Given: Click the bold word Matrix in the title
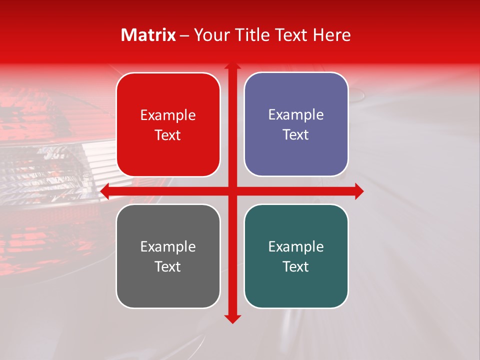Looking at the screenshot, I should coord(148,35).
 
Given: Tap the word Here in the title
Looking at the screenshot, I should coord(332,35).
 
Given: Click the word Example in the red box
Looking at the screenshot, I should coord(168,115).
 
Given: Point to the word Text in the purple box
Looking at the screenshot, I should coord(296,135).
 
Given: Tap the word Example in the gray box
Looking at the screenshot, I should coord(168,246).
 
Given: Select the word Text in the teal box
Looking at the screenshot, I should coord(296,266).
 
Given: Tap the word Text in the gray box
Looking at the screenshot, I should coord(168,266).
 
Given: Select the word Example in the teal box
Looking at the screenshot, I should coord(296,246).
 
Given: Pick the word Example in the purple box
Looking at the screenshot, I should coord(296,115).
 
